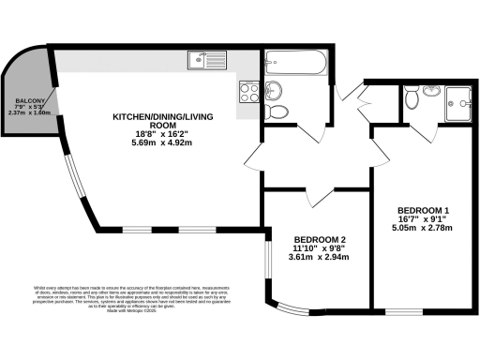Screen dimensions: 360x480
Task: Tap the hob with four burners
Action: (x=249, y=92)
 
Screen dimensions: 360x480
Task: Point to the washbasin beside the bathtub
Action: (x=273, y=90)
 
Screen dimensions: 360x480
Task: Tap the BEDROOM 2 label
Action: (x=319, y=238)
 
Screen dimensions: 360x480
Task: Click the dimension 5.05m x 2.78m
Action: (x=423, y=228)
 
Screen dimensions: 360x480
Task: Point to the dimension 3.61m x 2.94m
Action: (x=319, y=257)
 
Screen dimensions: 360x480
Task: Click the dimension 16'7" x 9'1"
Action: (x=423, y=218)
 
